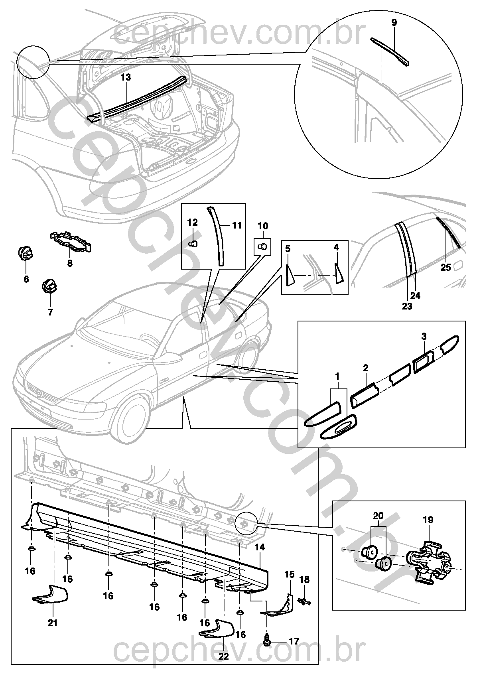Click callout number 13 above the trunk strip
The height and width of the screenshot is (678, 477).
coord(126,77)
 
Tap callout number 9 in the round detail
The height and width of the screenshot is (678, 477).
coord(394,23)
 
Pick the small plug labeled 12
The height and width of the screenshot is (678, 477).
coord(192,243)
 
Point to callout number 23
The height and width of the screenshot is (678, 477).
coord(407,306)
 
